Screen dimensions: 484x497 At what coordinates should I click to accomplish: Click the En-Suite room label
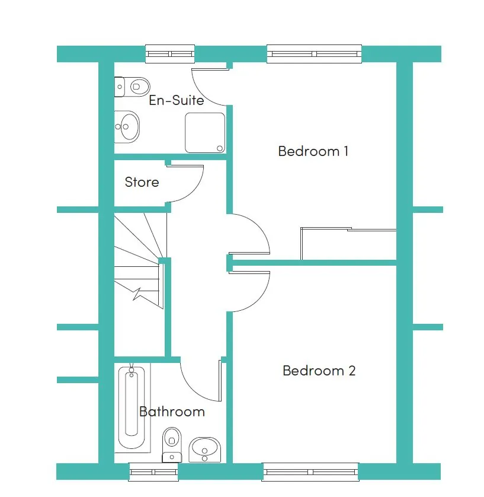(x=177, y=100)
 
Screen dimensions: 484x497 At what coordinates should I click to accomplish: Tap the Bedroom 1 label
(x=313, y=151)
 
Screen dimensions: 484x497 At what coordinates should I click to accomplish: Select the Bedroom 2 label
(x=319, y=371)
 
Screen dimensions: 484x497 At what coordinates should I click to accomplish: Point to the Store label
(x=142, y=182)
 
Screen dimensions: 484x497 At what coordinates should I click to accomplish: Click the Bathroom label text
(x=172, y=412)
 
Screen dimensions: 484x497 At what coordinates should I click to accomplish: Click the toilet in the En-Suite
(x=132, y=87)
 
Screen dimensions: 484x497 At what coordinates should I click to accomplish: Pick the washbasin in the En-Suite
(x=127, y=127)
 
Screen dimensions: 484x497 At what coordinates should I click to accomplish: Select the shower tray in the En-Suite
(x=205, y=133)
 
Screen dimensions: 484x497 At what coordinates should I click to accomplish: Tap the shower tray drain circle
(x=220, y=148)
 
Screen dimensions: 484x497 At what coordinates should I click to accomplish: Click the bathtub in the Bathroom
(x=132, y=407)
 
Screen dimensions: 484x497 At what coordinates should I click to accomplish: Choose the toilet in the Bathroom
(x=172, y=445)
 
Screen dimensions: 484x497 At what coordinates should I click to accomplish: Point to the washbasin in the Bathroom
(x=204, y=450)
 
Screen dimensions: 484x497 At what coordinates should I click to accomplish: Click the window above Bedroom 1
(x=315, y=54)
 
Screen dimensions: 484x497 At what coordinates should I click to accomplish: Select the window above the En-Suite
(x=170, y=54)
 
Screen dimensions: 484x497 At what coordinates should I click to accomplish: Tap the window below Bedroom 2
(x=310, y=471)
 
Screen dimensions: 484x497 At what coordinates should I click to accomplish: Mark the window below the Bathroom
(x=153, y=471)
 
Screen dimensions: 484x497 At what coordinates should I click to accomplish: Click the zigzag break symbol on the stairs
(x=137, y=294)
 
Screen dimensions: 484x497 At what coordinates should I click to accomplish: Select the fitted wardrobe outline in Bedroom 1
(x=348, y=243)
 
